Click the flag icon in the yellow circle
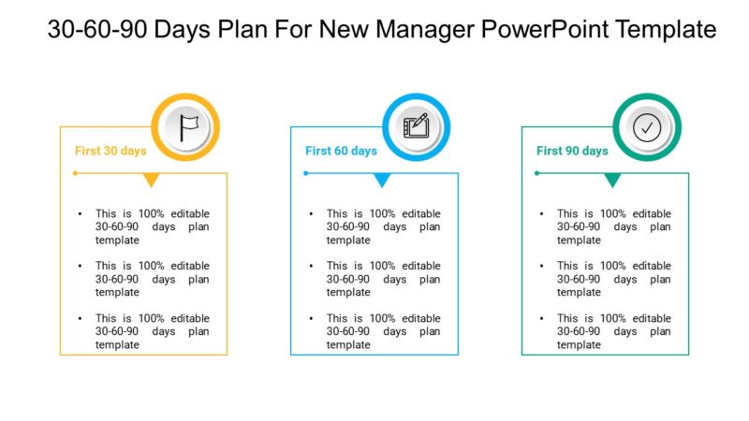[x=187, y=127]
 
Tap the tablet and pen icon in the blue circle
[x=416, y=127]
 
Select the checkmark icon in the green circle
[x=647, y=127]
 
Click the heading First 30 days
[x=110, y=151]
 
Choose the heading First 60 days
[x=341, y=151]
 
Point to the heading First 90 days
[x=572, y=151]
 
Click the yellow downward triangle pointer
[x=151, y=180]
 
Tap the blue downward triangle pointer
[x=382, y=180]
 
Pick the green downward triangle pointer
[x=612, y=180]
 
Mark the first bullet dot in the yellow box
[x=81, y=214]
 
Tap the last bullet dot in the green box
[x=542, y=318]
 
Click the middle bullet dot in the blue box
[x=312, y=267]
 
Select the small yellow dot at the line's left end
[x=75, y=173]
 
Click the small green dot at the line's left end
[x=536, y=173]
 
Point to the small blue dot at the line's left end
[x=305, y=173]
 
